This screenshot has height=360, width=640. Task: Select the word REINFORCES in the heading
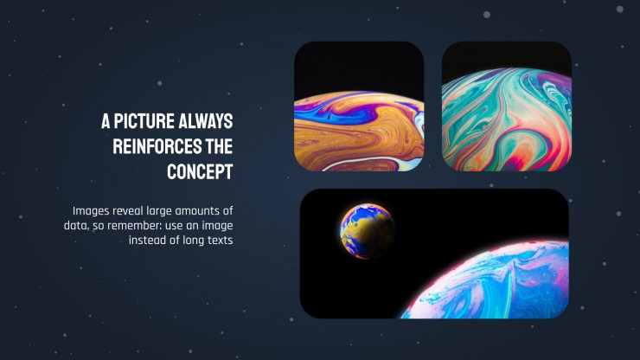pyautogui.click(x=157, y=147)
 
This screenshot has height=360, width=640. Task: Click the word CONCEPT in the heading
pyautogui.click(x=200, y=172)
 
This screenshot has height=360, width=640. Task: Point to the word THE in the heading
pyautogui.click(x=219, y=147)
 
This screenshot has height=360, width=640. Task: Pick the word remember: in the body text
pyautogui.click(x=134, y=226)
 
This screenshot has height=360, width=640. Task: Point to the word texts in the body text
pyautogui.click(x=220, y=241)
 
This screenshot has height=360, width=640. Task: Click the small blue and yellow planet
pyautogui.click(x=367, y=231)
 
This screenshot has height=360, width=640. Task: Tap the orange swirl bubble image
pyautogui.click(x=359, y=106)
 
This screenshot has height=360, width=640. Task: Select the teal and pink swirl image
pyautogui.click(x=507, y=106)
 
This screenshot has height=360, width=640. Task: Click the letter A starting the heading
pyautogui.click(x=106, y=121)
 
